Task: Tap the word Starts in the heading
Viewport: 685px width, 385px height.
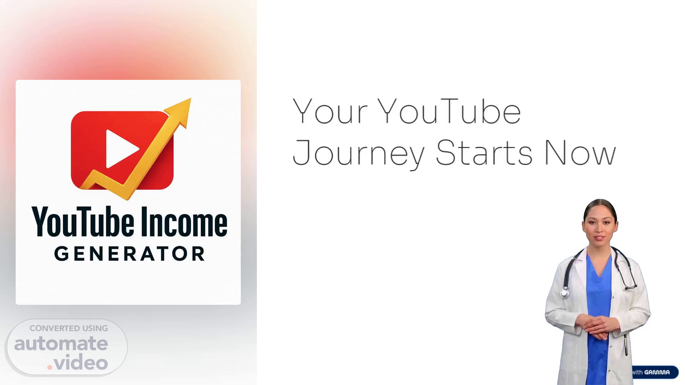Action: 484,152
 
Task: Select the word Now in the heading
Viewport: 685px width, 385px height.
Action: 580,153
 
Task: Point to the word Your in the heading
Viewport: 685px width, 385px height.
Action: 330,111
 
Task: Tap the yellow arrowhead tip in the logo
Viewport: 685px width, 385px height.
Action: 191,99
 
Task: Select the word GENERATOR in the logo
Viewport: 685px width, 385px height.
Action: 130,254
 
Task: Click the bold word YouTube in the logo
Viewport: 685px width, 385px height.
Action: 83,222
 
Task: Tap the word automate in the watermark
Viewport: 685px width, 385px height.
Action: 61,343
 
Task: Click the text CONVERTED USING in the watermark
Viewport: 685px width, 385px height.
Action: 68,328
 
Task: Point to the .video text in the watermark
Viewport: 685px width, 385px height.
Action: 77,363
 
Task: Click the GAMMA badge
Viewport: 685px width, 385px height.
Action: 655,372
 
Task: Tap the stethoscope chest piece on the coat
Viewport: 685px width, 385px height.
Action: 564,293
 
